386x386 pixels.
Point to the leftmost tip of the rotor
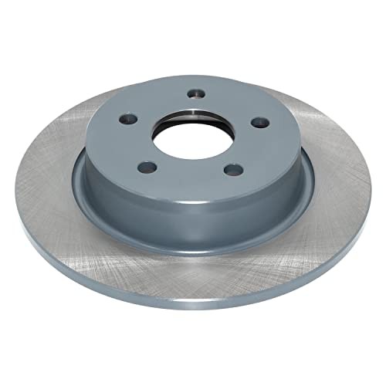pyautogui.click(x=15, y=185)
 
